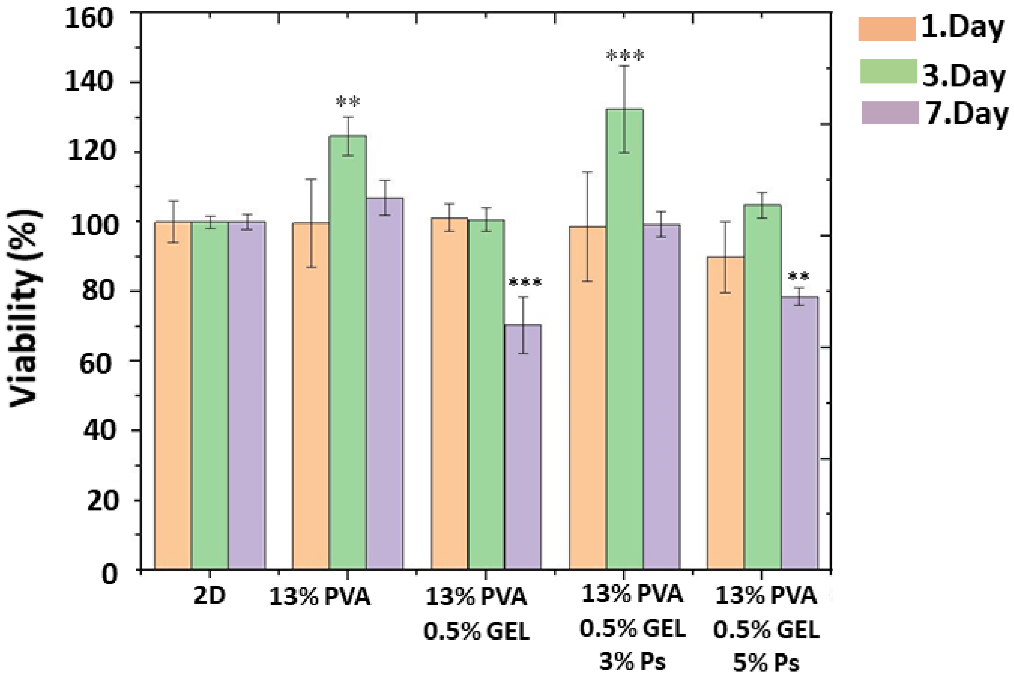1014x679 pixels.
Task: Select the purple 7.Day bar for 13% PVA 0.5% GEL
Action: click(x=523, y=446)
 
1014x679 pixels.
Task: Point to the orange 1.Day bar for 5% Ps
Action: click(x=725, y=411)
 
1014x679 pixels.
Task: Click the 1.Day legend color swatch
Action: click(x=887, y=30)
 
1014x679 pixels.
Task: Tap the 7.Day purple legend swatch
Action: click(x=890, y=112)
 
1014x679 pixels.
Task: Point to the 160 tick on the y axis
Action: click(x=89, y=19)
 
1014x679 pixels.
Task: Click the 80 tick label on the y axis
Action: click(x=96, y=291)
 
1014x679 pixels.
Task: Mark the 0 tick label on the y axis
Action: click(x=109, y=575)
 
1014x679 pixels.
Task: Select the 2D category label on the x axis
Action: click(x=210, y=597)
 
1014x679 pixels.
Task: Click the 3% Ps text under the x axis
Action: click(x=632, y=662)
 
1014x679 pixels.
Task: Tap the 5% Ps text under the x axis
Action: click(x=766, y=663)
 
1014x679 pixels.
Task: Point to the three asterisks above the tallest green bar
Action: click(x=625, y=56)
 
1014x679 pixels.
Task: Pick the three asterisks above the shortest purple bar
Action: click(x=525, y=283)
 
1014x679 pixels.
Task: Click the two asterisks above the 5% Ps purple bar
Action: click(x=799, y=276)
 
